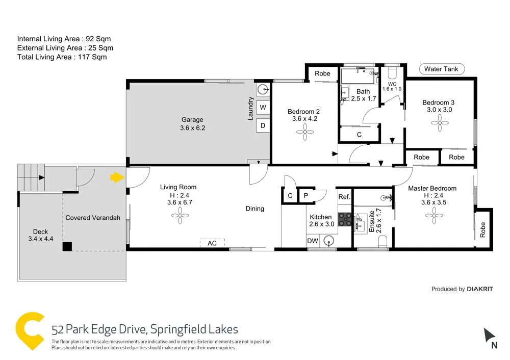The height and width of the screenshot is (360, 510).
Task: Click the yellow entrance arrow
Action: click(x=117, y=177)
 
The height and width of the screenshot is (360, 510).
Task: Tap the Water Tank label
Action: click(x=441, y=69)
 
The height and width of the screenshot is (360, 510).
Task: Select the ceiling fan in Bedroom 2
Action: click(x=305, y=134)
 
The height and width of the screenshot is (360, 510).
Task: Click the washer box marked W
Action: click(x=263, y=108)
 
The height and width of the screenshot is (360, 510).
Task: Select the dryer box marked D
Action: click(x=263, y=125)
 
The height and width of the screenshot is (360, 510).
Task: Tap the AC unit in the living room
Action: click(x=212, y=243)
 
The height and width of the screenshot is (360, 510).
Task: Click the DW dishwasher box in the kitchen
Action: click(x=313, y=241)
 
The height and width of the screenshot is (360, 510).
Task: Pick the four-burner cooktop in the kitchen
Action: click(x=345, y=219)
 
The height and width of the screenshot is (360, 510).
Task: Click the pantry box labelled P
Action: click(x=306, y=195)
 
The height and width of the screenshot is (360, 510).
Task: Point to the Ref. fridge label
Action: click(x=344, y=197)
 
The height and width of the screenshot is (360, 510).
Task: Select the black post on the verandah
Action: click(x=67, y=247)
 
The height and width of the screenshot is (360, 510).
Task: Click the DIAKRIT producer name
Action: click(x=479, y=289)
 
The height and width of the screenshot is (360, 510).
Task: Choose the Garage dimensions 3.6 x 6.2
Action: click(x=192, y=128)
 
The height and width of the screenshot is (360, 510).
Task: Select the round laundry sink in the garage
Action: click(x=263, y=90)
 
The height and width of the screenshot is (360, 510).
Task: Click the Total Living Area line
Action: click(x=62, y=57)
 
